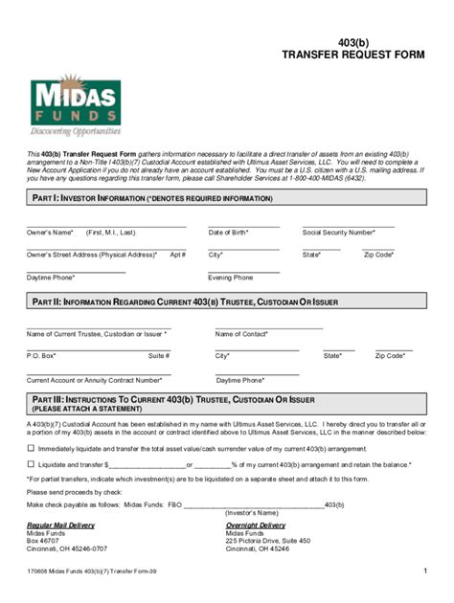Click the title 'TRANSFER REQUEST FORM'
(352, 56)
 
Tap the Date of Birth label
(228, 233)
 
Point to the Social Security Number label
(338, 233)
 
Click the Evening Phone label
(231, 278)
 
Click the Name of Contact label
(241, 334)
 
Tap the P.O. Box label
(41, 356)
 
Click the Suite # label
(159, 356)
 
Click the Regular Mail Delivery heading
(60, 525)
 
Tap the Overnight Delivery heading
(256, 525)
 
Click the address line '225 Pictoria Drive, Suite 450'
(268, 541)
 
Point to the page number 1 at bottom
(423, 571)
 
